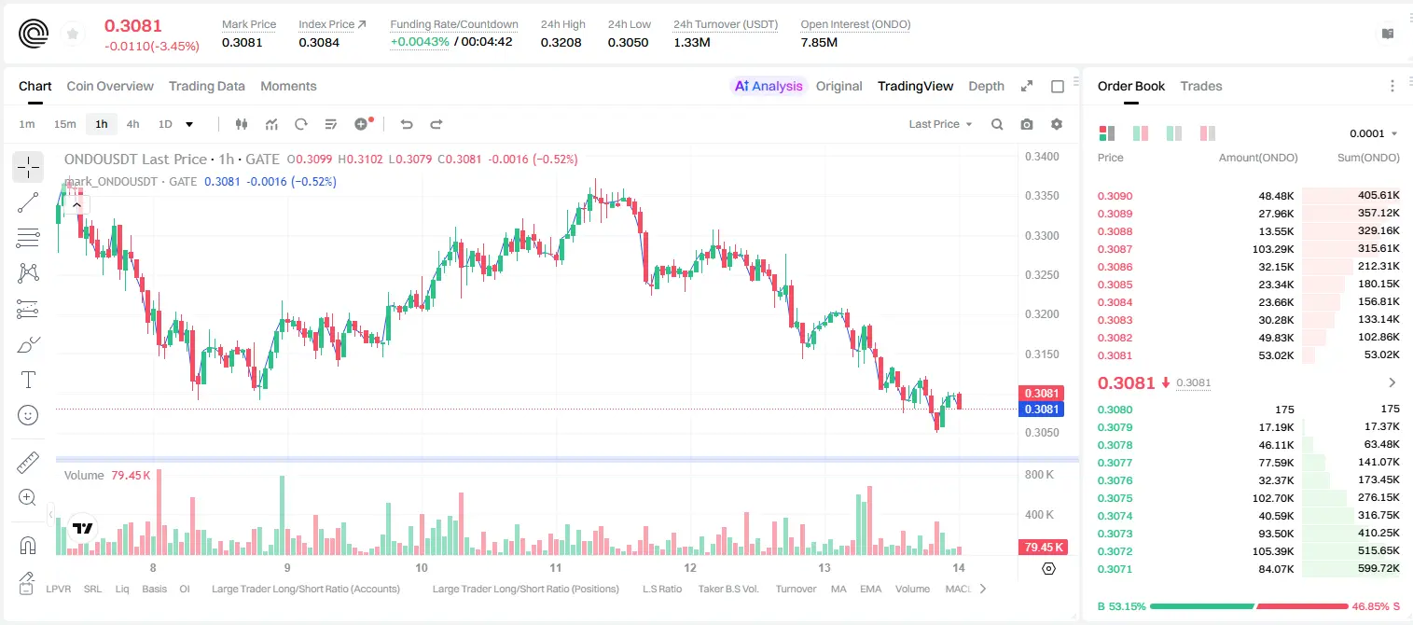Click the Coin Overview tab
pos(110,86)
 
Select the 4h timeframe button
pos(132,124)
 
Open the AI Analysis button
pos(769,86)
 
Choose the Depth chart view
pos(986,86)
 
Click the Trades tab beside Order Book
pos(1201,86)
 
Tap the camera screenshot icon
pos(1027,124)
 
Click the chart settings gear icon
pos(1057,124)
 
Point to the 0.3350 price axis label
pos(1042,196)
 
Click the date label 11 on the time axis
pos(555,567)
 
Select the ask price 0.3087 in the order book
pos(1115,249)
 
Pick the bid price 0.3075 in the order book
pos(1115,498)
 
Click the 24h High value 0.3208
pos(561,42)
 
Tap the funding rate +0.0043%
pos(420,42)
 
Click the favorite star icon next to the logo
pos(73,34)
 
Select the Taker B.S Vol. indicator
pos(727,589)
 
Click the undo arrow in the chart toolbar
pos(407,124)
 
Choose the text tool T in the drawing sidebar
pos(28,380)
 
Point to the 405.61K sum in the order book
pos(1378,196)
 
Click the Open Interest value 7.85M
pos(819,42)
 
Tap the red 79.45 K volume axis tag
pos(1044,547)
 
